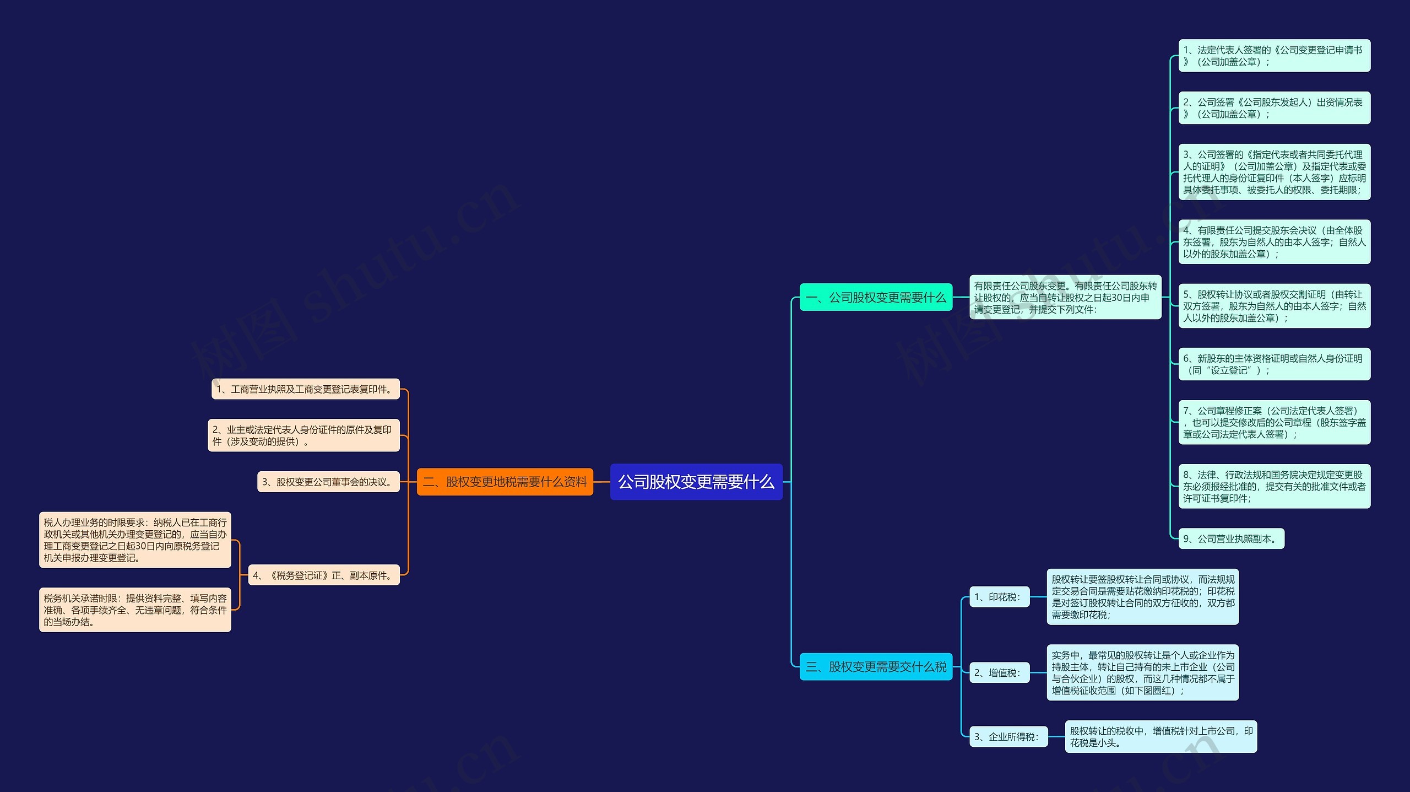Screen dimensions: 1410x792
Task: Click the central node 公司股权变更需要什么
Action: (x=696, y=482)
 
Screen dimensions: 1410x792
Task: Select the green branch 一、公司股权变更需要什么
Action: (x=875, y=297)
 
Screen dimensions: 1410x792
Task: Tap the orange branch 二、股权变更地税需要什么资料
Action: (x=505, y=482)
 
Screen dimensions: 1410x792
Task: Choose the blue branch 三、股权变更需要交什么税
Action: (x=875, y=666)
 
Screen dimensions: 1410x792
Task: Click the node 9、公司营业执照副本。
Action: (x=1230, y=538)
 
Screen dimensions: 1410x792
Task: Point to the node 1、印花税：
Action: (x=999, y=597)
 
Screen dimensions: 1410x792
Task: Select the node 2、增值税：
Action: (x=999, y=672)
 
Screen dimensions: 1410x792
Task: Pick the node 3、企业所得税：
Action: (x=1008, y=736)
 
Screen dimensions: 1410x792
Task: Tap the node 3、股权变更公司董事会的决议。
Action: (x=328, y=482)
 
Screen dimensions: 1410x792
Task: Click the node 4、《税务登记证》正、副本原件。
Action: (x=324, y=575)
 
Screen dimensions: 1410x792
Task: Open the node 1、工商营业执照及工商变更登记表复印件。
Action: (x=306, y=389)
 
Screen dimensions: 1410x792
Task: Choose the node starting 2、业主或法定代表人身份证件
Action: (x=303, y=435)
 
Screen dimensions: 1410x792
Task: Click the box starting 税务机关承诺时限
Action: (x=135, y=610)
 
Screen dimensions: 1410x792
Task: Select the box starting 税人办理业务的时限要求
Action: (x=135, y=540)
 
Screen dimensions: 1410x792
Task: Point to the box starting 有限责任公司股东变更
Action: (x=1065, y=297)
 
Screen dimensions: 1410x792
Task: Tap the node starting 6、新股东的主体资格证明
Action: (x=1273, y=364)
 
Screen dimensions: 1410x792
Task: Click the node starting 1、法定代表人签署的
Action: (x=1273, y=56)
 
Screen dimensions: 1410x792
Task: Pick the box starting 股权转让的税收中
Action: (x=1160, y=736)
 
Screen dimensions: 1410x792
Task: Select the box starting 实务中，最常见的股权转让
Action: (x=1142, y=672)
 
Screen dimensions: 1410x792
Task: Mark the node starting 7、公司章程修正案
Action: (x=1273, y=422)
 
